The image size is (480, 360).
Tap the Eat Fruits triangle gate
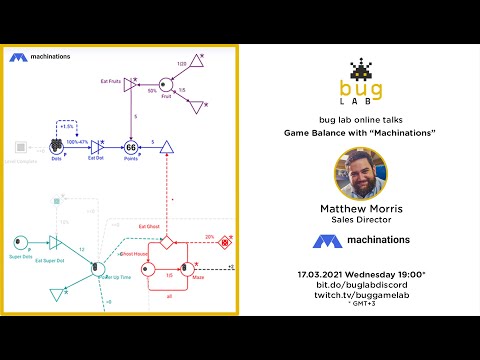128,86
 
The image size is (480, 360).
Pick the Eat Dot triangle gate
97,146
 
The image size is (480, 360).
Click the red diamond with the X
226,241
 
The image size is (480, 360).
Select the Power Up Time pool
97,267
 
